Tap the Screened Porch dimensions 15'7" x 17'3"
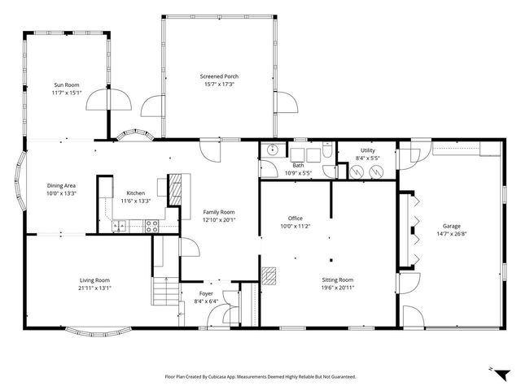pyautogui.click(x=219, y=84)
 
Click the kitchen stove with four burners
pyautogui.click(x=151, y=227)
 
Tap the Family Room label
pyautogui.click(x=218, y=211)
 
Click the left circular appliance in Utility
pyautogui.click(x=355, y=171)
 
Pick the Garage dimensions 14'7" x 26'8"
pyautogui.click(x=452, y=234)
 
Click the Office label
pyautogui.click(x=295, y=218)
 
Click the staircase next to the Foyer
pyautogui.click(x=165, y=288)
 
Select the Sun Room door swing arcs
pyautogui.click(x=108, y=99)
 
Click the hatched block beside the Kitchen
pyautogui.click(x=175, y=188)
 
